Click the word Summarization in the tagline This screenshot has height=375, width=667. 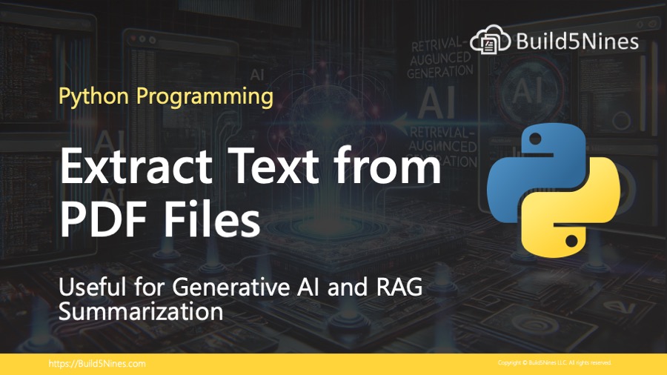[x=141, y=311]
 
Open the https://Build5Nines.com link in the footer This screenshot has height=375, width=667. [x=96, y=364]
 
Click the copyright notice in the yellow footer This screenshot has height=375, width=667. [x=554, y=364]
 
